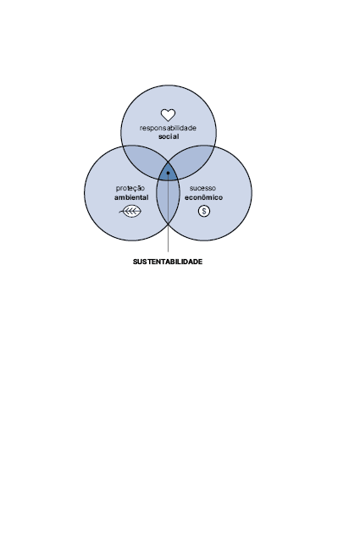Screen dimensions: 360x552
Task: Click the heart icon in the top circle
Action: point(168,115)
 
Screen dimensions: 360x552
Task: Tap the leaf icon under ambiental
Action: point(130,211)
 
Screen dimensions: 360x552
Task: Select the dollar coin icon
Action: point(204,211)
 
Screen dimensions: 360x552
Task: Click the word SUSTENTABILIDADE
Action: point(168,262)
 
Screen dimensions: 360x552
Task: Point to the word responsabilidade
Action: point(168,128)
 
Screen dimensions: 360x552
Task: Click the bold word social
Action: point(169,136)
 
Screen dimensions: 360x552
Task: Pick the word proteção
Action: point(130,189)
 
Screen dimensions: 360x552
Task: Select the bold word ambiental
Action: point(131,197)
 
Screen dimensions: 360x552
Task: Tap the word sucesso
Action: point(203,188)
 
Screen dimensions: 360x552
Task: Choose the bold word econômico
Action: point(203,197)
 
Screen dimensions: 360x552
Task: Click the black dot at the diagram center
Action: point(168,173)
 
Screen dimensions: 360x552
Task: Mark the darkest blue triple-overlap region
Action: point(168,171)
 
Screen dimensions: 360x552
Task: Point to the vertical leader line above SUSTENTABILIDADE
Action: point(168,213)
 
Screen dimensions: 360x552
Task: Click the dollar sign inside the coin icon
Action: point(204,211)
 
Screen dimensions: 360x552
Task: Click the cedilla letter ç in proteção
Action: point(136,190)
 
